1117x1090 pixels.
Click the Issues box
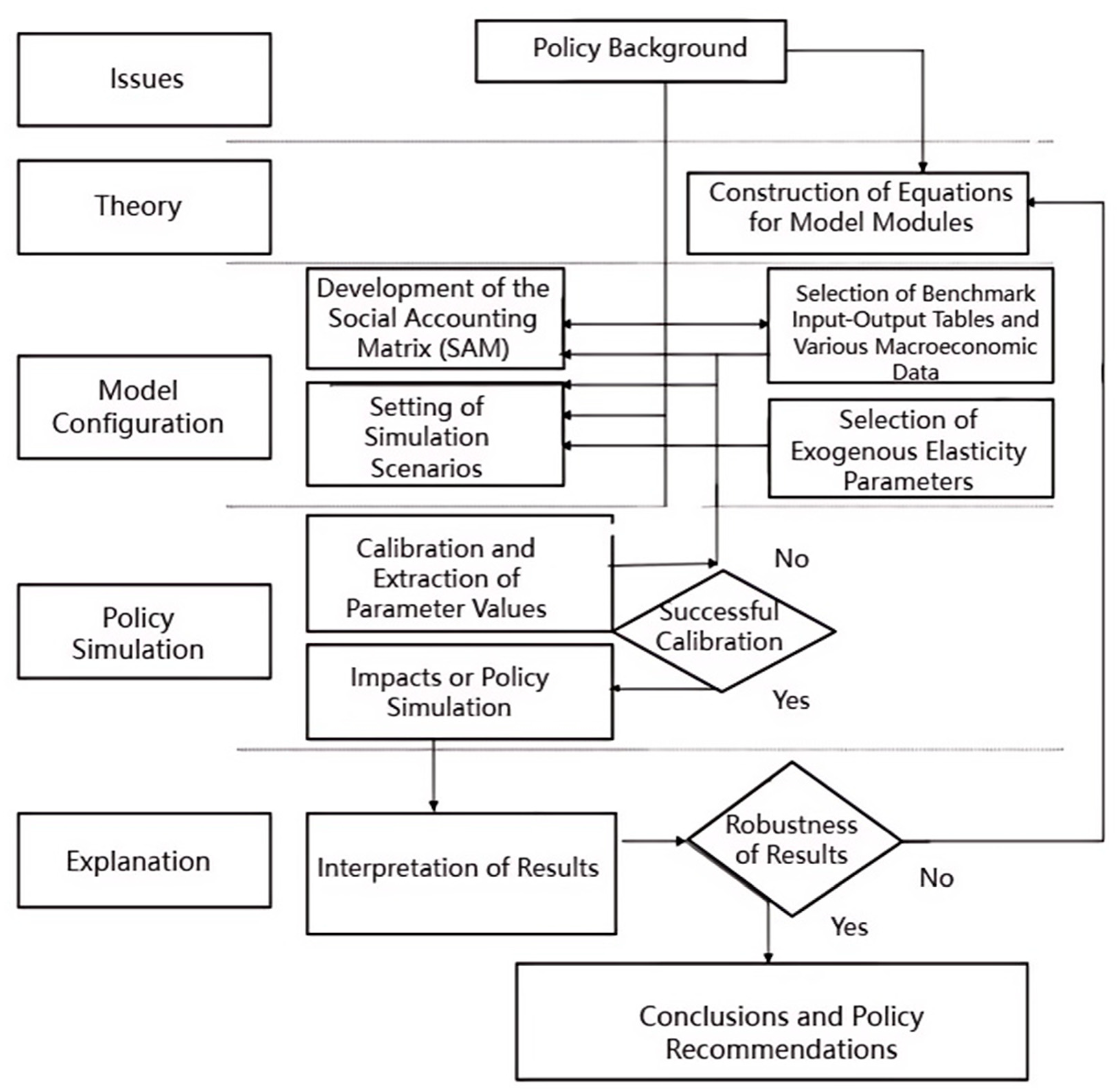144,80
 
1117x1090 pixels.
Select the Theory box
144,207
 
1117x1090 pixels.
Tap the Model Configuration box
144,407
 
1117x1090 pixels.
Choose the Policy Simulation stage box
144,631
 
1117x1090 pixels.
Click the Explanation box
144,861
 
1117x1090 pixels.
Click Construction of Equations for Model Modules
858,213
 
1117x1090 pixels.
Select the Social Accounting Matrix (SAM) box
435,318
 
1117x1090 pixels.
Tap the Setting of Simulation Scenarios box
435,435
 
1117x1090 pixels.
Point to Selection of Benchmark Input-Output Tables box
910,325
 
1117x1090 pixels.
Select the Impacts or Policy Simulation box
459,692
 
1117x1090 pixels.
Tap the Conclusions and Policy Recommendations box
772,1022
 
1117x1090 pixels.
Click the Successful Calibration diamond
723,630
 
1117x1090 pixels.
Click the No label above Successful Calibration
791,558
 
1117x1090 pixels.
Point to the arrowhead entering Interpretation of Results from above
433,806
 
